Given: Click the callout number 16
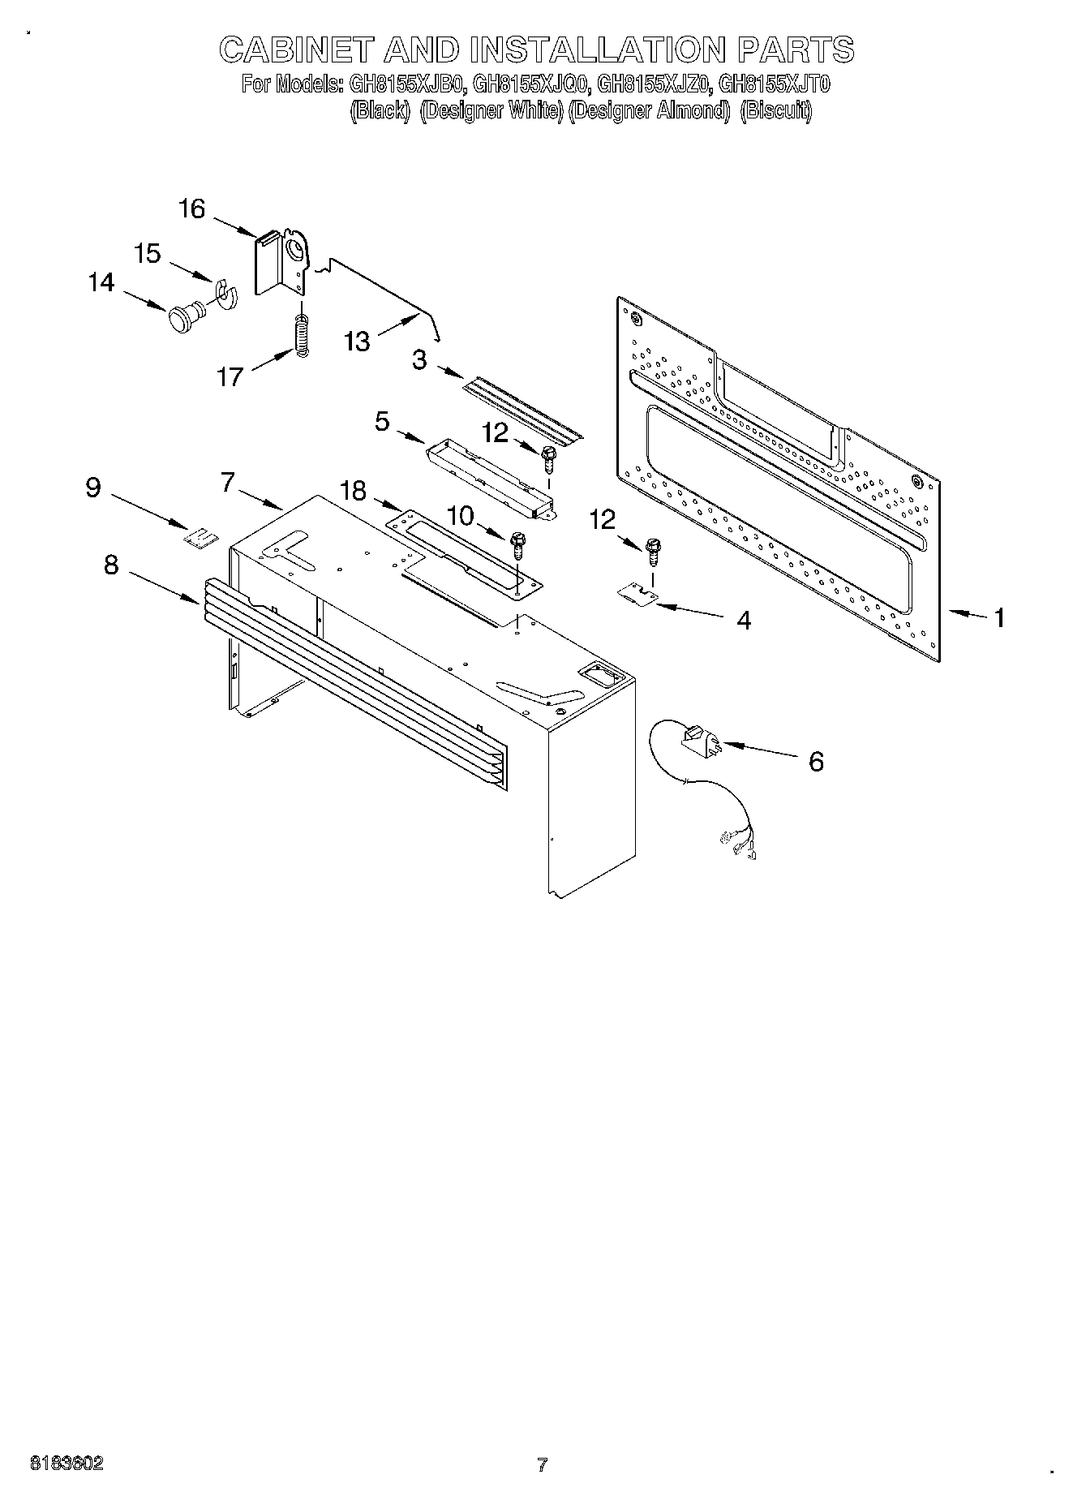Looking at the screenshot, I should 191,209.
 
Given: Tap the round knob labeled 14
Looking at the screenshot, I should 183,316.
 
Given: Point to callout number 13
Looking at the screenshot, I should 357,341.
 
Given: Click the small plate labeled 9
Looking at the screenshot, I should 200,537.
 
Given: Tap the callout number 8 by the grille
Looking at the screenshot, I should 112,565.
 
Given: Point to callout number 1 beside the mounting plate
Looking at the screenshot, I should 999,618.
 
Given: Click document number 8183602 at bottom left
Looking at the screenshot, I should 67,1463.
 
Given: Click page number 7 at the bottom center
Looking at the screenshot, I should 542,1464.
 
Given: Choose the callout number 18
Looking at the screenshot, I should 353,491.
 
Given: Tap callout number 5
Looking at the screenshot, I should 382,421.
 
